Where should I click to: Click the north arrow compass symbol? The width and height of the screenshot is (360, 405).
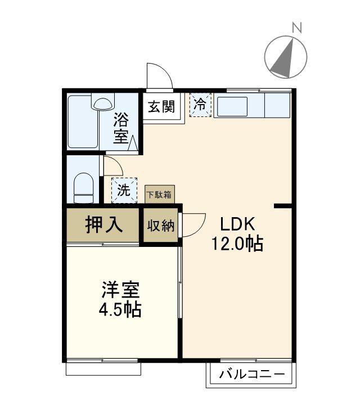coord(286,56)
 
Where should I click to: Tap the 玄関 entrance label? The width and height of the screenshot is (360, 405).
coord(161,106)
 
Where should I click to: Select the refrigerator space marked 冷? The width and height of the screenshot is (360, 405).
coord(200,104)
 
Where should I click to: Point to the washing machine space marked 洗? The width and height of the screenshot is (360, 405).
coord(124,190)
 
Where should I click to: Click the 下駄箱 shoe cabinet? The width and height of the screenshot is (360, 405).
coord(160,195)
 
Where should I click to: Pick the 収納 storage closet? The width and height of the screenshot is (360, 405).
coord(161,226)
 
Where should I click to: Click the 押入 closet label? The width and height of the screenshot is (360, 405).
coord(103,225)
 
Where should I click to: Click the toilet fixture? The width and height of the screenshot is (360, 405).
coord(84,186)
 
